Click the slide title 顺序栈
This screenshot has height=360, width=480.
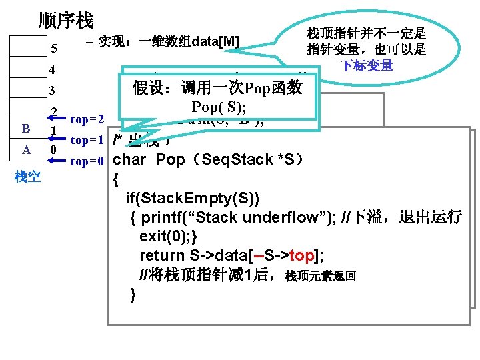(66, 21)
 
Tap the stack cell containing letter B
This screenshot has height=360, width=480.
(26, 129)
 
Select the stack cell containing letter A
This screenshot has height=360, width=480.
(26, 150)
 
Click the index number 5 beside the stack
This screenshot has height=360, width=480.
(54, 49)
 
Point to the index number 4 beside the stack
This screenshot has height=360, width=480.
(53, 70)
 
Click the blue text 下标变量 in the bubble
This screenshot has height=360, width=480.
(367, 65)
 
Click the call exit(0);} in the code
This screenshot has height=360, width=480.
(169, 237)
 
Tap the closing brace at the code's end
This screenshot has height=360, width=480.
(133, 294)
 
